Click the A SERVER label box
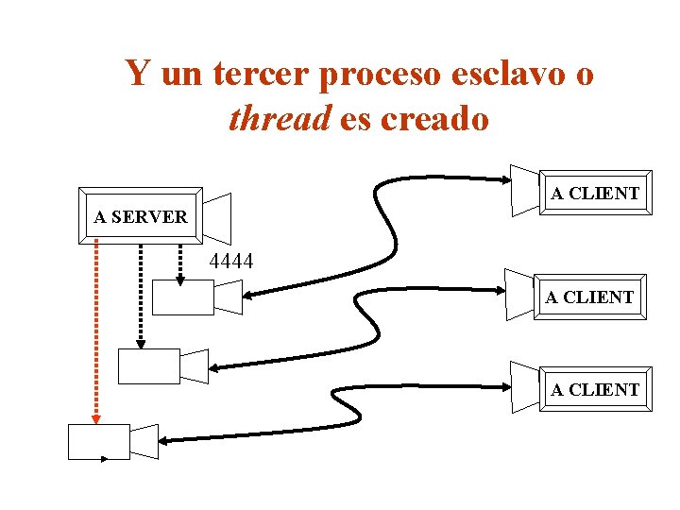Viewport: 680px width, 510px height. pyautogui.click(x=141, y=216)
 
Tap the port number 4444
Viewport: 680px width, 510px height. pyautogui.click(x=230, y=261)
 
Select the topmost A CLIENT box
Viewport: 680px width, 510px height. pyautogui.click(x=595, y=194)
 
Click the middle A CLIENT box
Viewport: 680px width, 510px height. pyautogui.click(x=589, y=297)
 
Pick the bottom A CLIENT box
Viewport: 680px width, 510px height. pyautogui.click(x=595, y=389)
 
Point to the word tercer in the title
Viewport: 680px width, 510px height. pyautogui.click(x=261, y=73)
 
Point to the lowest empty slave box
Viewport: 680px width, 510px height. pyautogui.click(x=98, y=441)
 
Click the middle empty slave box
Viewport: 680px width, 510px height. pyautogui.click(x=148, y=365)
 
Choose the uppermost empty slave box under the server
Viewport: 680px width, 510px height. pyautogui.click(x=183, y=297)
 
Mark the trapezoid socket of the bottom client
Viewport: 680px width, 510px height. pyautogui.click(x=524, y=387)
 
